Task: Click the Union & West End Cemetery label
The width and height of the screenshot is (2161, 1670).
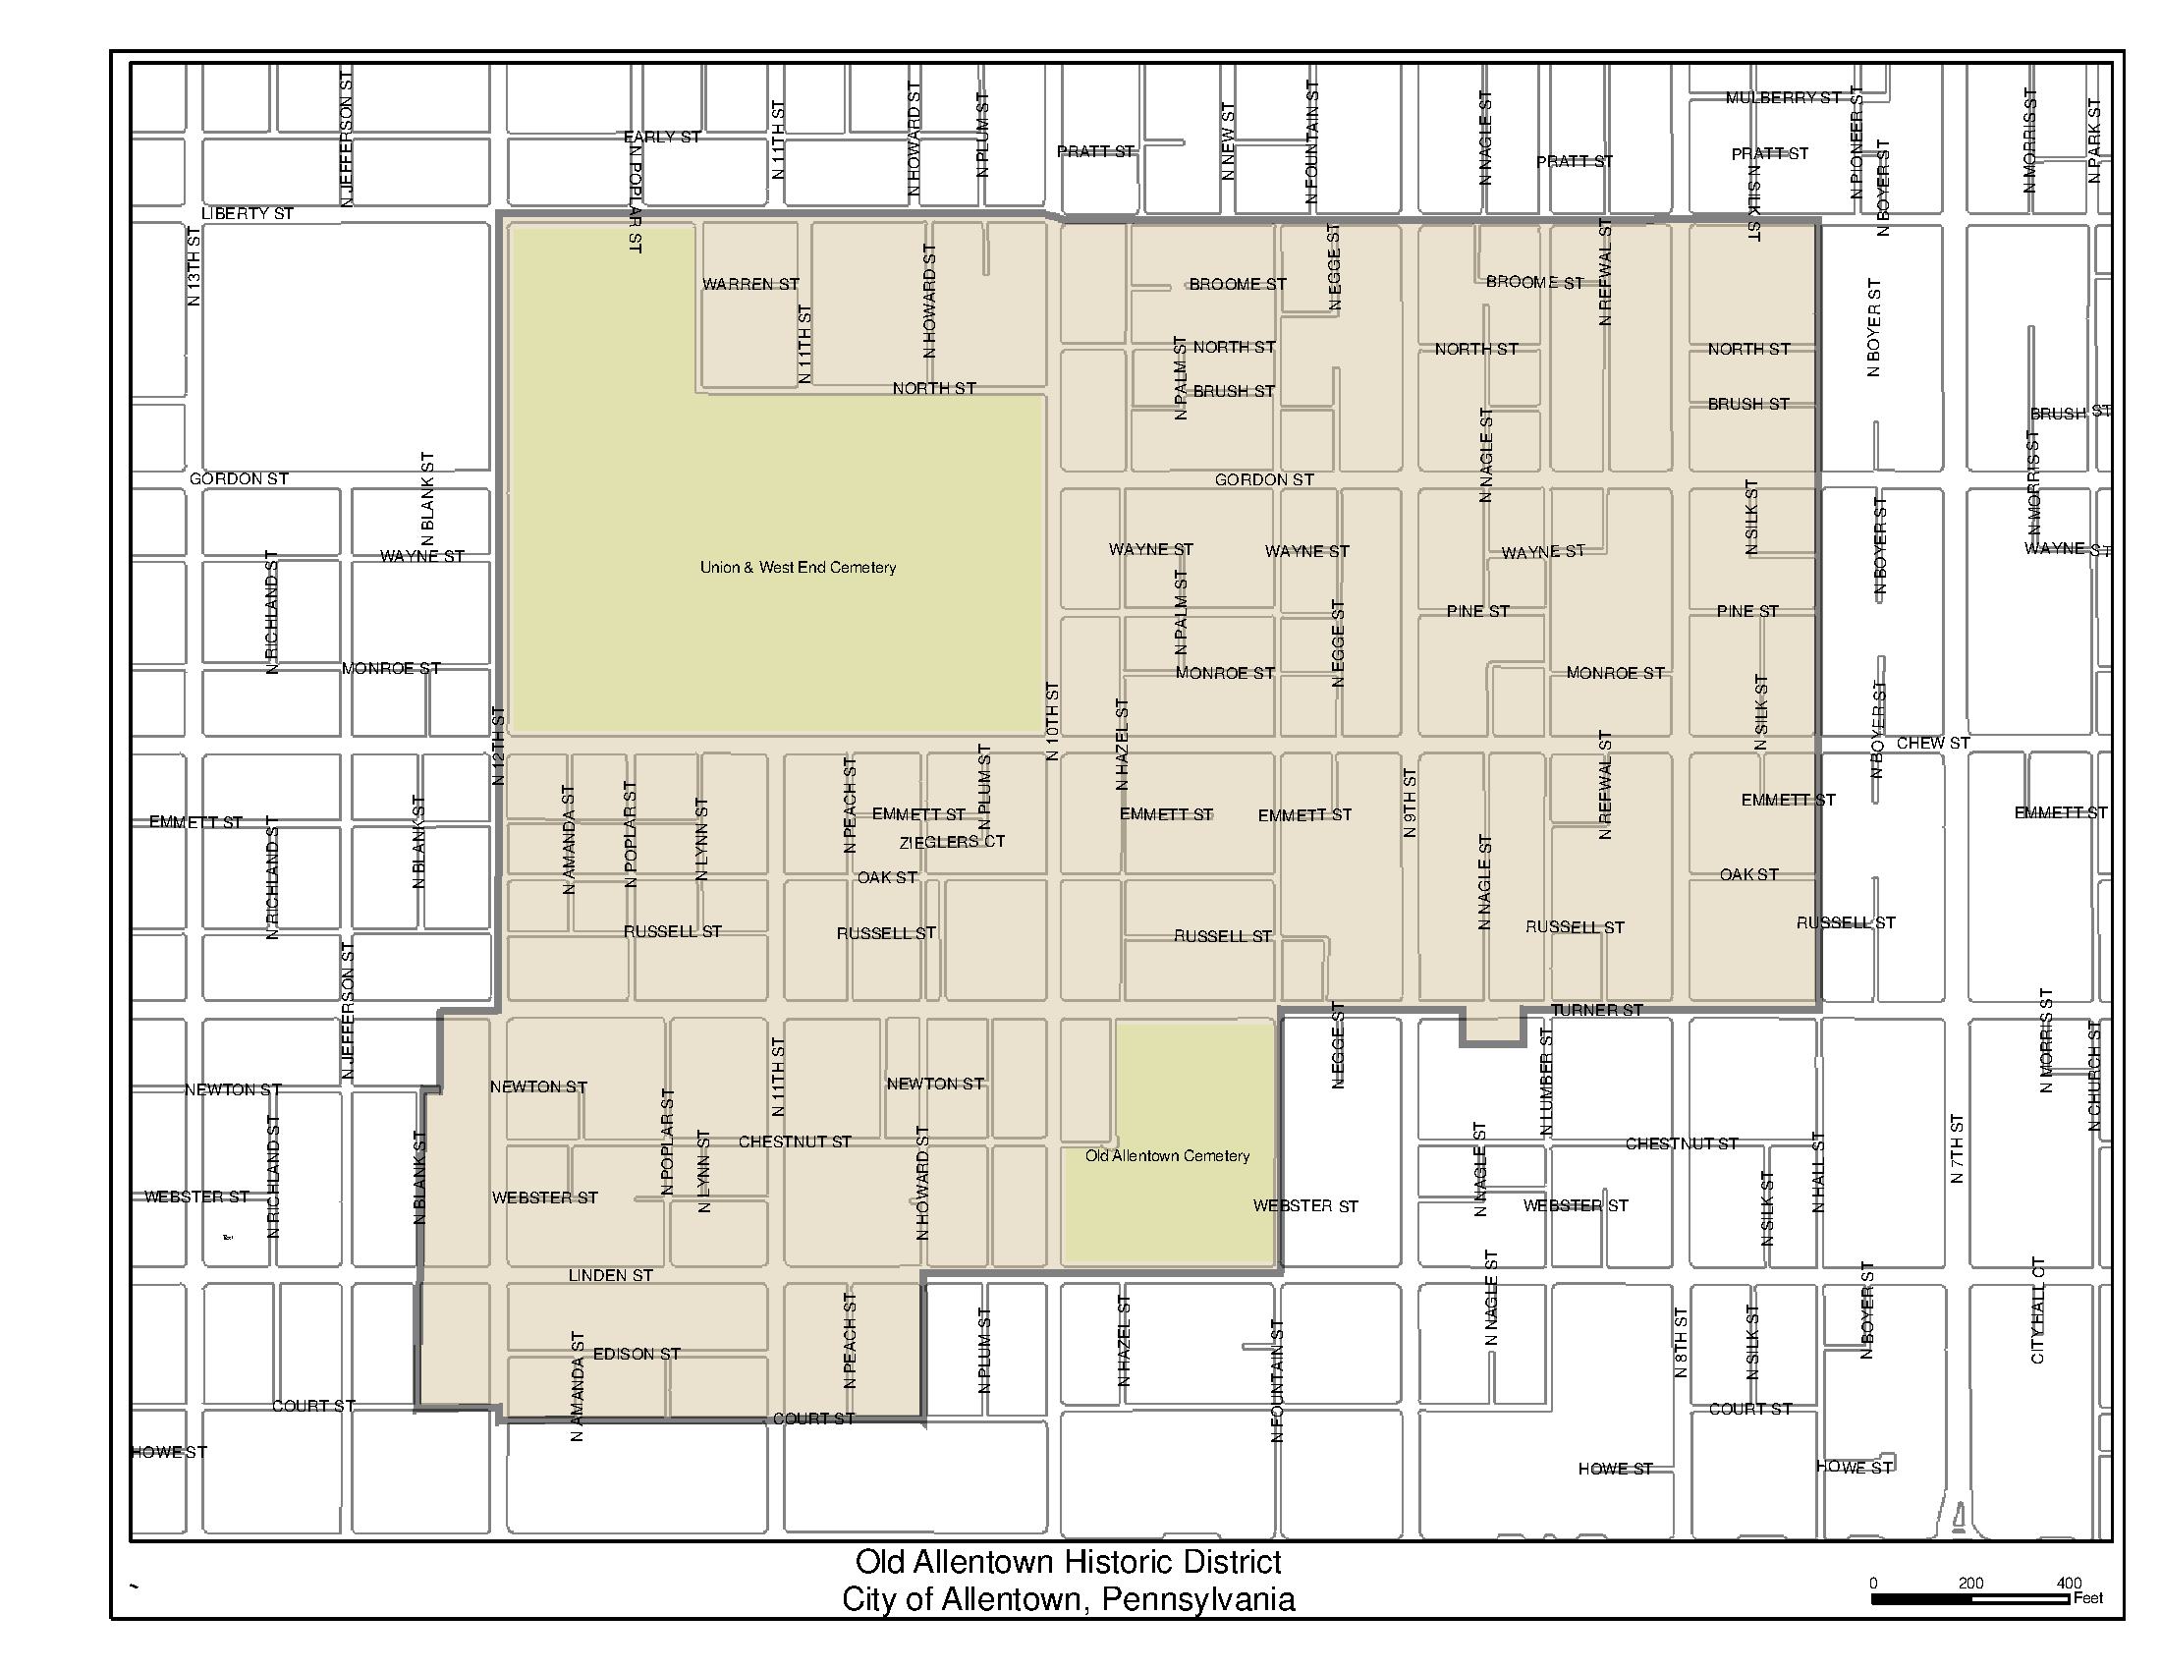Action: pos(798,568)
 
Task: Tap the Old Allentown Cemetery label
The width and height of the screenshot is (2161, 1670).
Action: pos(1168,1155)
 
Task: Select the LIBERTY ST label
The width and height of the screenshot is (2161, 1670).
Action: pos(248,214)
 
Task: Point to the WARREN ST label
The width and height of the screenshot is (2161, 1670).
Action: pos(750,284)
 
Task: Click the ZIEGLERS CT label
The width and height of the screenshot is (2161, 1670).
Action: pos(951,842)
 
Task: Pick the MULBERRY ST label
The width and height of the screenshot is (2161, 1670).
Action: pos(1783,98)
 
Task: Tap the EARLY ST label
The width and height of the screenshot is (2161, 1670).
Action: pos(662,137)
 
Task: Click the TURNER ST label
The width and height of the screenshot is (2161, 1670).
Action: pos(1596,1010)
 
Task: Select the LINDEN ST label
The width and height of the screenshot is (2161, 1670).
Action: pos(611,1275)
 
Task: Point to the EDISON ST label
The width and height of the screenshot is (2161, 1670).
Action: pos(637,1354)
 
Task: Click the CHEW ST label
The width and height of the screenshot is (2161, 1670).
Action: pos(1932,743)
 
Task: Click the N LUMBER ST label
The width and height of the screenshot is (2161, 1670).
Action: pos(1547,1081)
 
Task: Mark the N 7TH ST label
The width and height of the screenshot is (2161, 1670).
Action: pos(1956,1148)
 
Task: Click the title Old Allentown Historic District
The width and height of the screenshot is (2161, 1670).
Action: pos(1068,1562)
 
